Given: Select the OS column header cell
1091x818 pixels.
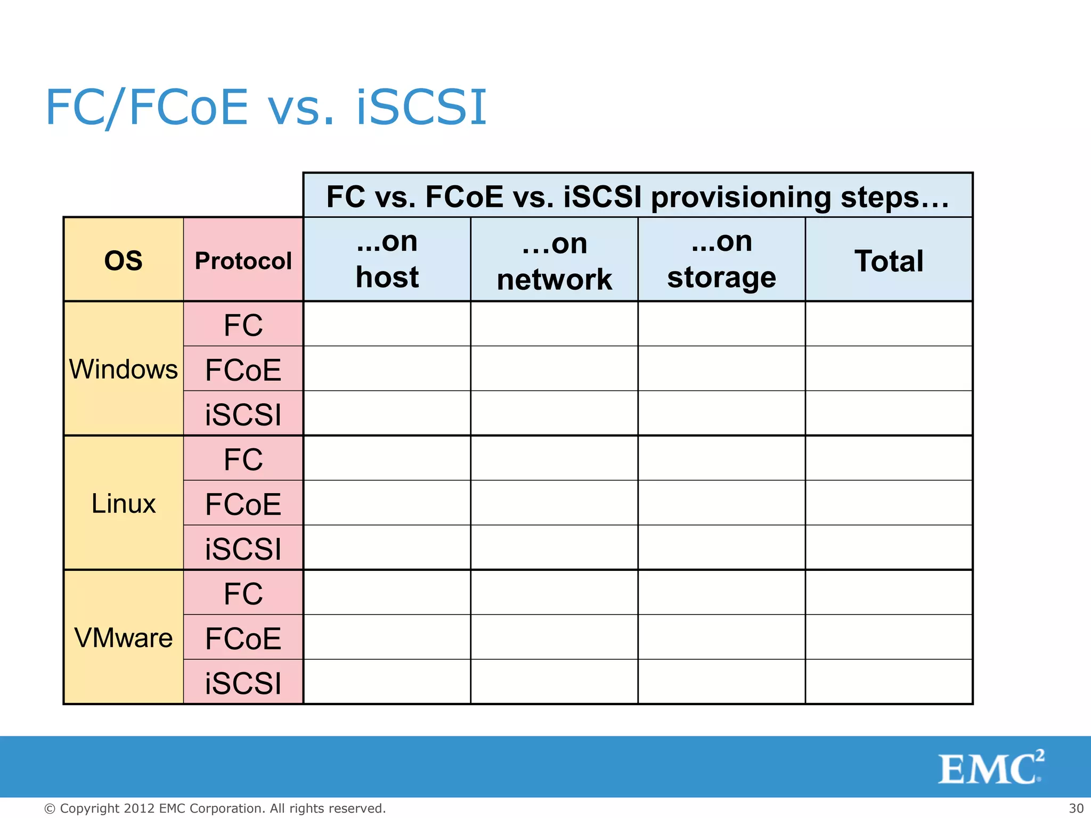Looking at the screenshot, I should point(123,260).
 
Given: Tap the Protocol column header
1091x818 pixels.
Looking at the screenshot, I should point(243,260).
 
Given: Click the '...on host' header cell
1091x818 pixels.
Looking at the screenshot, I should point(387,259).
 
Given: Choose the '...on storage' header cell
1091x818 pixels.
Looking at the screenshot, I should point(721,259).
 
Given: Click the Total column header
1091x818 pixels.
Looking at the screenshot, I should point(889,260).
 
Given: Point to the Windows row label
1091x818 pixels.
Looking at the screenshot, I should point(123,369).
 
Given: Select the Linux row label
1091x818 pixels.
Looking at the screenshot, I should point(123,503).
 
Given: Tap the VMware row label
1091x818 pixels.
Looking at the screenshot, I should point(123,637).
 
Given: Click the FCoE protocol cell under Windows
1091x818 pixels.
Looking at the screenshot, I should point(243,370).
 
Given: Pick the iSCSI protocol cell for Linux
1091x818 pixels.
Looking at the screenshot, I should point(243,549).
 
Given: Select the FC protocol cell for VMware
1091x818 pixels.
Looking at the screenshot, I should point(243,593).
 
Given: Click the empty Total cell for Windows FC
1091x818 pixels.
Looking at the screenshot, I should point(889,324).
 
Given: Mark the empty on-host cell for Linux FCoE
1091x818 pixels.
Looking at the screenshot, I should point(387,503).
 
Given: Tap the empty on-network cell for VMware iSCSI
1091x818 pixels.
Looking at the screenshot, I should point(554,682).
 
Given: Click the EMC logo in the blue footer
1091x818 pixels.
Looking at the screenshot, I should point(990,768).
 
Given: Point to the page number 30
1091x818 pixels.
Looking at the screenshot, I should point(1076,808).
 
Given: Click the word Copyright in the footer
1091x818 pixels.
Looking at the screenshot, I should point(90,808).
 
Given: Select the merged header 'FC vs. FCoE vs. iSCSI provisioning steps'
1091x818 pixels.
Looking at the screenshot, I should point(637,196).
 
